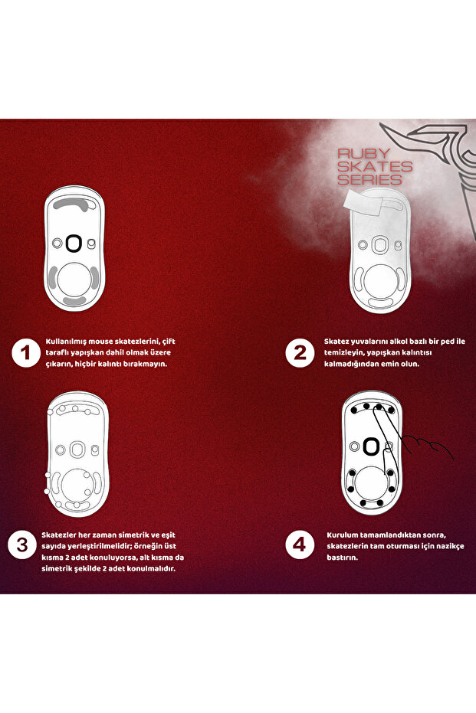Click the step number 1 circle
pyautogui.click(x=26, y=353)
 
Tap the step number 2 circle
pyautogui.click(x=300, y=353)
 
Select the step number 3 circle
pyautogui.click(x=21, y=545)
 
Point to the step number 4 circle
pyautogui.click(x=300, y=545)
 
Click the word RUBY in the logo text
pyautogui.click(x=363, y=153)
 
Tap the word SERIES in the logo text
pyautogui.click(x=369, y=179)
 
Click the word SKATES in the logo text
pyautogui.click(x=375, y=166)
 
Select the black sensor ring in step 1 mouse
pyautogui.click(x=73, y=243)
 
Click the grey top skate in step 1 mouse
pyautogui.click(x=73, y=203)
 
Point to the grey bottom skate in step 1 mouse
pyautogui.click(x=74, y=300)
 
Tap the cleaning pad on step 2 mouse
pyautogui.click(x=365, y=204)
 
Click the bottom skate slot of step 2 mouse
pyautogui.click(x=380, y=303)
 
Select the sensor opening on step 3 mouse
pyautogui.click(x=77, y=450)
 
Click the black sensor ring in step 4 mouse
pyautogui.click(x=371, y=446)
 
